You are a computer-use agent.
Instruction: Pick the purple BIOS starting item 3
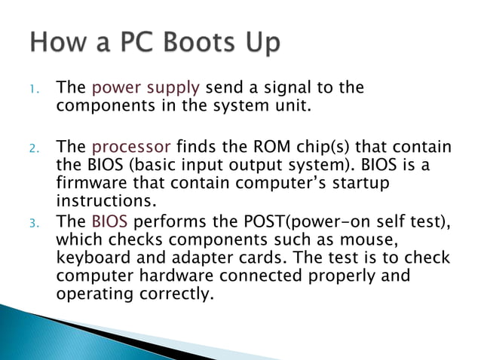tap(109, 221)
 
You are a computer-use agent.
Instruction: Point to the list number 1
tap(34, 89)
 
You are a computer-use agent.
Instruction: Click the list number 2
tap(34, 147)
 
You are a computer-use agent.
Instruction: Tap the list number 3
tap(34, 222)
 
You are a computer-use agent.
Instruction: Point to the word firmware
tap(95, 184)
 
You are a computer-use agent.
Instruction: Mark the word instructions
tap(105, 203)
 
